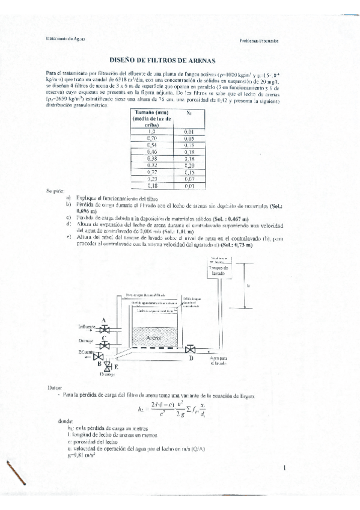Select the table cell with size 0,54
pos(151,146)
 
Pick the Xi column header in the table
pos(189,112)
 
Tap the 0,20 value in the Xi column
pos(189,165)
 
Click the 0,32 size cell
pos(151,165)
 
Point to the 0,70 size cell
pos(151,138)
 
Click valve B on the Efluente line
pos(100,357)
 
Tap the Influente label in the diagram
pos(87,326)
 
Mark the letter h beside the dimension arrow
pos(249,286)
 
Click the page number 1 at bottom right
pos(283,467)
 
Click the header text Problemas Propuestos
pos(260,41)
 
